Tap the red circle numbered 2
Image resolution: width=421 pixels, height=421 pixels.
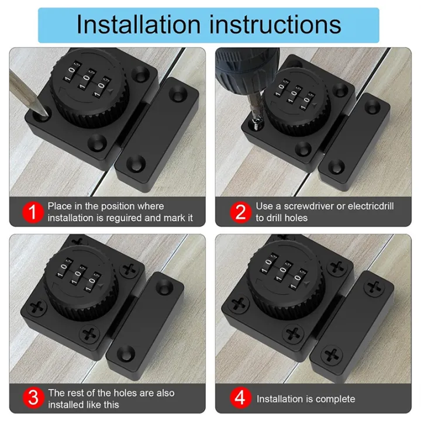[240, 211]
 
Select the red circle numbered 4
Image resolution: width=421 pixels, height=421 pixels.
[240, 399]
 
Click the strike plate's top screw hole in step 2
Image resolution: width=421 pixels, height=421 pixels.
[372, 106]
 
